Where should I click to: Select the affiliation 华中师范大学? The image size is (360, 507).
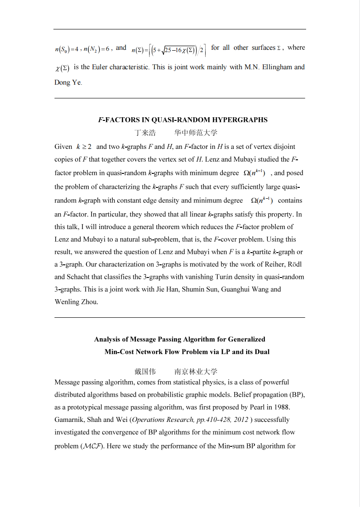(x=196, y=133)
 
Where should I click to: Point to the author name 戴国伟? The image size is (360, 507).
(x=145, y=372)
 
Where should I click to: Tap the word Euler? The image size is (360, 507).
(x=100, y=67)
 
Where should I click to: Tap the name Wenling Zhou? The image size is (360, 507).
(x=76, y=302)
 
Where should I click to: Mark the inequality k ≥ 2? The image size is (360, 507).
(x=84, y=147)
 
